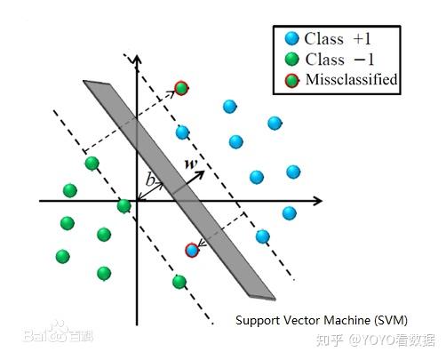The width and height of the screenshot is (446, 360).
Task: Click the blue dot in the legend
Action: pyautogui.click(x=291, y=39)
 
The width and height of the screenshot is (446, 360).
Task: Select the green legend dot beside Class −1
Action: pyautogui.click(x=291, y=60)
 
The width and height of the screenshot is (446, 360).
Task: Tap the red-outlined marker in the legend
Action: pyautogui.click(x=291, y=80)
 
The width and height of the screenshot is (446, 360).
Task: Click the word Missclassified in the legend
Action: pyautogui.click(x=350, y=80)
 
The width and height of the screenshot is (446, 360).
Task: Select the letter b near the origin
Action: pyautogui.click(x=151, y=180)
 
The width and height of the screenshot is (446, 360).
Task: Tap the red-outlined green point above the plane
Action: pyautogui.click(x=181, y=87)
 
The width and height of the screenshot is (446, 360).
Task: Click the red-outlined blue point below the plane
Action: pyautogui.click(x=191, y=251)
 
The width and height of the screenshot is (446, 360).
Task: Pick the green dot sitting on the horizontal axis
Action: pyautogui.click(x=124, y=206)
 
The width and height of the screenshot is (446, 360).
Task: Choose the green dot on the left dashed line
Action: pyautogui.click(x=92, y=163)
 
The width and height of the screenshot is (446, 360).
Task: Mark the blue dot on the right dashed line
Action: pyautogui.click(x=262, y=236)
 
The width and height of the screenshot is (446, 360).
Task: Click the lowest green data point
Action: pyautogui.click(x=179, y=282)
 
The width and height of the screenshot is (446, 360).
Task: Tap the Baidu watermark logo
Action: pyautogui.click(x=50, y=336)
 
